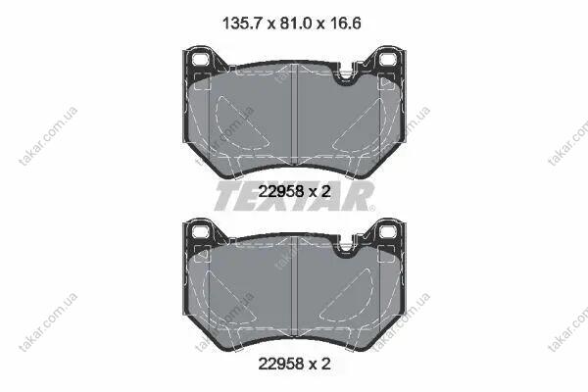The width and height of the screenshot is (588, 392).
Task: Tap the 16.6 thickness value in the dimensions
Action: [x=345, y=24]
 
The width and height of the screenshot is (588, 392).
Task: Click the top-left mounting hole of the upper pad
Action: [x=200, y=60]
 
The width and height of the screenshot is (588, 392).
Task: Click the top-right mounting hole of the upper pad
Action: [x=388, y=60]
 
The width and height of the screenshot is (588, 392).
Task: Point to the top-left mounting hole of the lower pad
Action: [x=200, y=231]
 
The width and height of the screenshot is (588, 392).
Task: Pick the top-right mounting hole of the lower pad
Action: [x=388, y=231]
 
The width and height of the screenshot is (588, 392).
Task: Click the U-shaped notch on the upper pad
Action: [x=346, y=77]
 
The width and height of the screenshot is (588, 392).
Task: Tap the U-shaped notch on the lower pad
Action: [x=346, y=249]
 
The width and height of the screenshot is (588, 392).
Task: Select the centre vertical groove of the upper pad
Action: [x=294, y=114]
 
